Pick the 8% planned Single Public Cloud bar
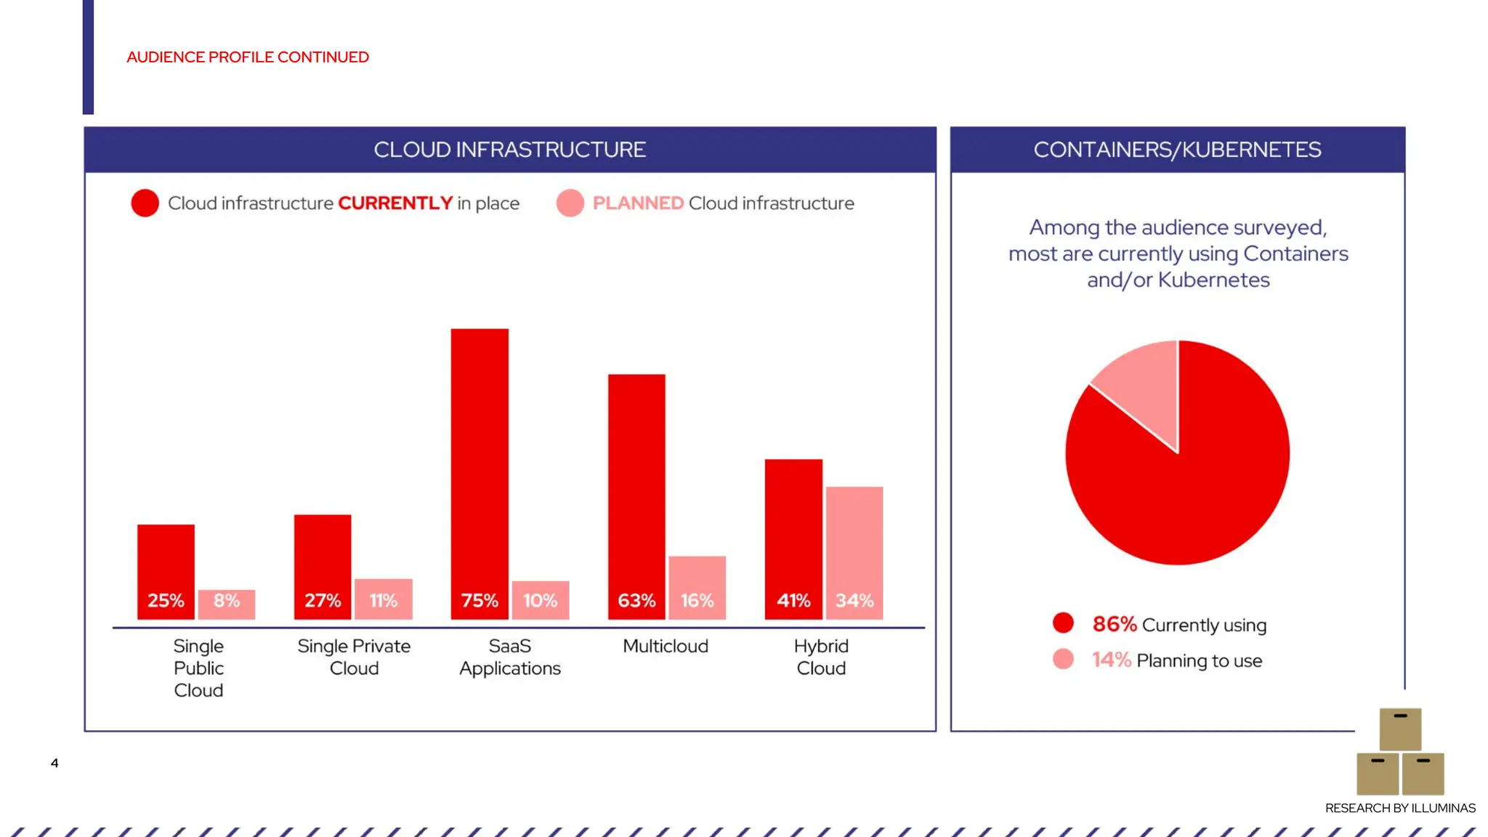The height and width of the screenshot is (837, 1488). click(x=227, y=604)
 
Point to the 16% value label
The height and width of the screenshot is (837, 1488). click(x=697, y=601)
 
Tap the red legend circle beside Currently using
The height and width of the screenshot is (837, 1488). click(x=1063, y=623)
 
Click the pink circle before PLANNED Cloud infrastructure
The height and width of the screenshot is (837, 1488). click(x=570, y=203)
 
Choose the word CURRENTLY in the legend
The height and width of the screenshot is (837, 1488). click(x=395, y=203)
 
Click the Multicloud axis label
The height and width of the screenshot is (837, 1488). click(x=665, y=646)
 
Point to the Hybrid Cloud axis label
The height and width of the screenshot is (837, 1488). click(x=821, y=657)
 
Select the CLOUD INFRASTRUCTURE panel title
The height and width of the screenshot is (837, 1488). click(x=509, y=150)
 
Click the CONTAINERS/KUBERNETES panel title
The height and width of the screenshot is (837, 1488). click(x=1177, y=150)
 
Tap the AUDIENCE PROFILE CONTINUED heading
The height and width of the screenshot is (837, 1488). click(x=248, y=57)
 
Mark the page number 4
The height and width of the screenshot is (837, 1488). click(x=54, y=763)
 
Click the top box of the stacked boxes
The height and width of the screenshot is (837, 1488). click(x=1400, y=729)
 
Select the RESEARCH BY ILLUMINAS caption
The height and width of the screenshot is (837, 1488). click(x=1400, y=808)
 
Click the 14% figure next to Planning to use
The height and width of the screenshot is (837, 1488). click(x=1111, y=660)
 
